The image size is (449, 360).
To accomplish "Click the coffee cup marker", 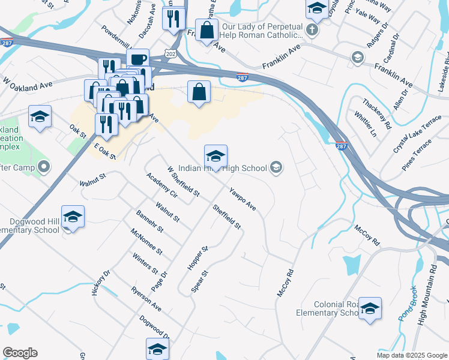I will (138, 59).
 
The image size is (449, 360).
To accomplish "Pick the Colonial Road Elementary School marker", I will (370, 308).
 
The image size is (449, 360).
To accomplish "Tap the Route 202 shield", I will (171, 54).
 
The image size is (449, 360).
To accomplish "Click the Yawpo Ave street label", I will (242, 199).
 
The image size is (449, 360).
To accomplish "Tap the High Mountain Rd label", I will (427, 294).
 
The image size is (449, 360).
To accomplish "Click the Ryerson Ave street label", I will (146, 298).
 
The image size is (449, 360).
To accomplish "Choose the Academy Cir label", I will (161, 185).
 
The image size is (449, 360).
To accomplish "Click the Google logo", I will (20, 353).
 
